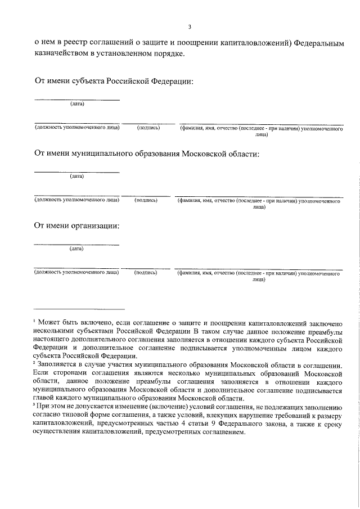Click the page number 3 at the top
190,26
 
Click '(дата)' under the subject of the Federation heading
77,104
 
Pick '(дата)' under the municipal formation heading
77,176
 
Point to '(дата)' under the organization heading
76,248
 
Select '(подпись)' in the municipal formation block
146,200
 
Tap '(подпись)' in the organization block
145,272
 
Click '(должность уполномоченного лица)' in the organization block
76,272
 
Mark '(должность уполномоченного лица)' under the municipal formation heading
76,200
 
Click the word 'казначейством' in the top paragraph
65,54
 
